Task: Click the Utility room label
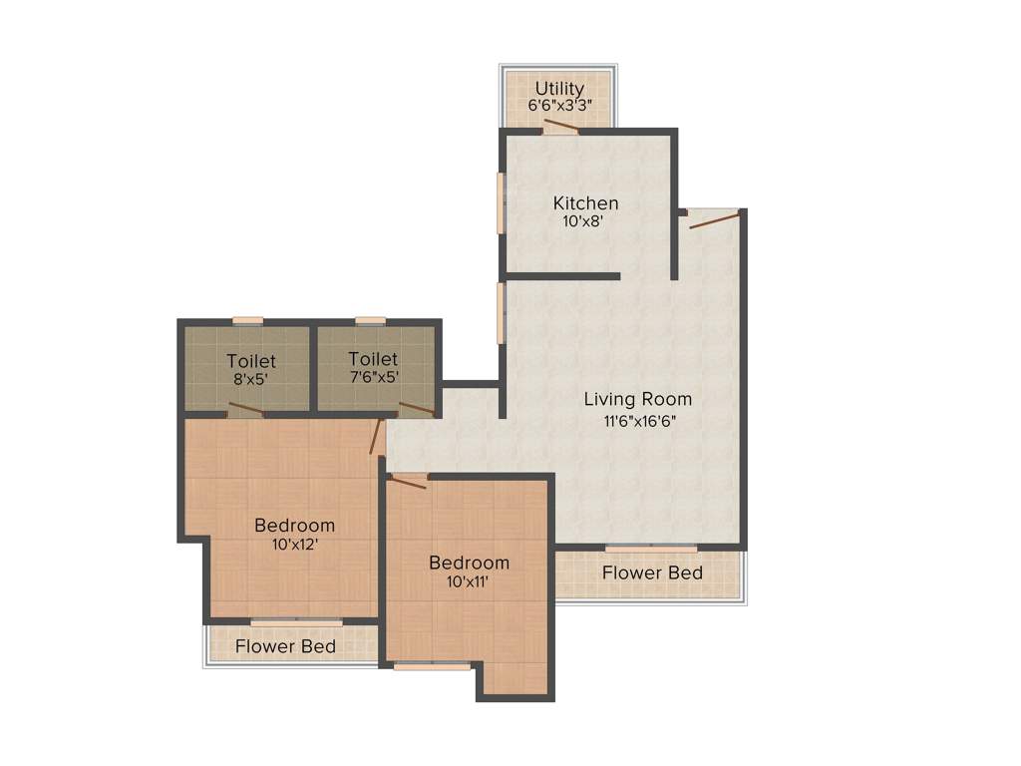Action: (x=559, y=88)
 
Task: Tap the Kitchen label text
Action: (x=585, y=203)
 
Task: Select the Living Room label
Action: (x=637, y=399)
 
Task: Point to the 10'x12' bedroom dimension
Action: (x=294, y=545)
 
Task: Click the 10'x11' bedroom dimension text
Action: (x=469, y=582)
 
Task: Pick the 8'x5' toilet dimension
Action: (x=251, y=378)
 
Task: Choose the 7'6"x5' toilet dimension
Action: (x=373, y=377)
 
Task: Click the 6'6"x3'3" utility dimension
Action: (x=559, y=105)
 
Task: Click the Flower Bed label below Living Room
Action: (x=652, y=573)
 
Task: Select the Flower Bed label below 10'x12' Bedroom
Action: (x=285, y=646)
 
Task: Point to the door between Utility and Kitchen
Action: (x=560, y=127)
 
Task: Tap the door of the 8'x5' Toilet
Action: (x=245, y=409)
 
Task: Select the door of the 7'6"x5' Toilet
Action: (x=417, y=408)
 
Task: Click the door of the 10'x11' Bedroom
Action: (x=408, y=482)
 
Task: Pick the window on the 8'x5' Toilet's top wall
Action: (x=247, y=321)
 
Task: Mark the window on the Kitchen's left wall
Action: (x=501, y=203)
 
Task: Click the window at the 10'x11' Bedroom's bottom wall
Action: (x=432, y=665)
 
